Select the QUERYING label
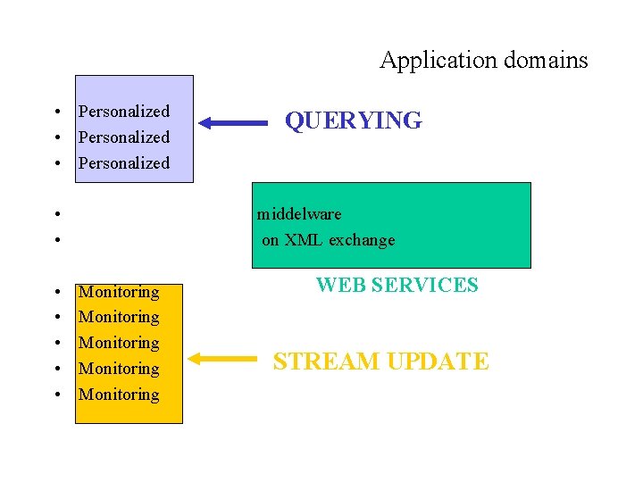[353, 120]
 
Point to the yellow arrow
[223, 359]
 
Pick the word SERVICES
[424, 286]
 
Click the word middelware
[299, 214]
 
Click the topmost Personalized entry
[123, 112]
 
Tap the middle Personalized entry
[123, 137]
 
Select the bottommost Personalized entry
[123, 163]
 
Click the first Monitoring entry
[119, 292]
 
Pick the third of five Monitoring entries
[119, 343]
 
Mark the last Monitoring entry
[119, 395]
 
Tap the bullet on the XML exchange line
[56, 240]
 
